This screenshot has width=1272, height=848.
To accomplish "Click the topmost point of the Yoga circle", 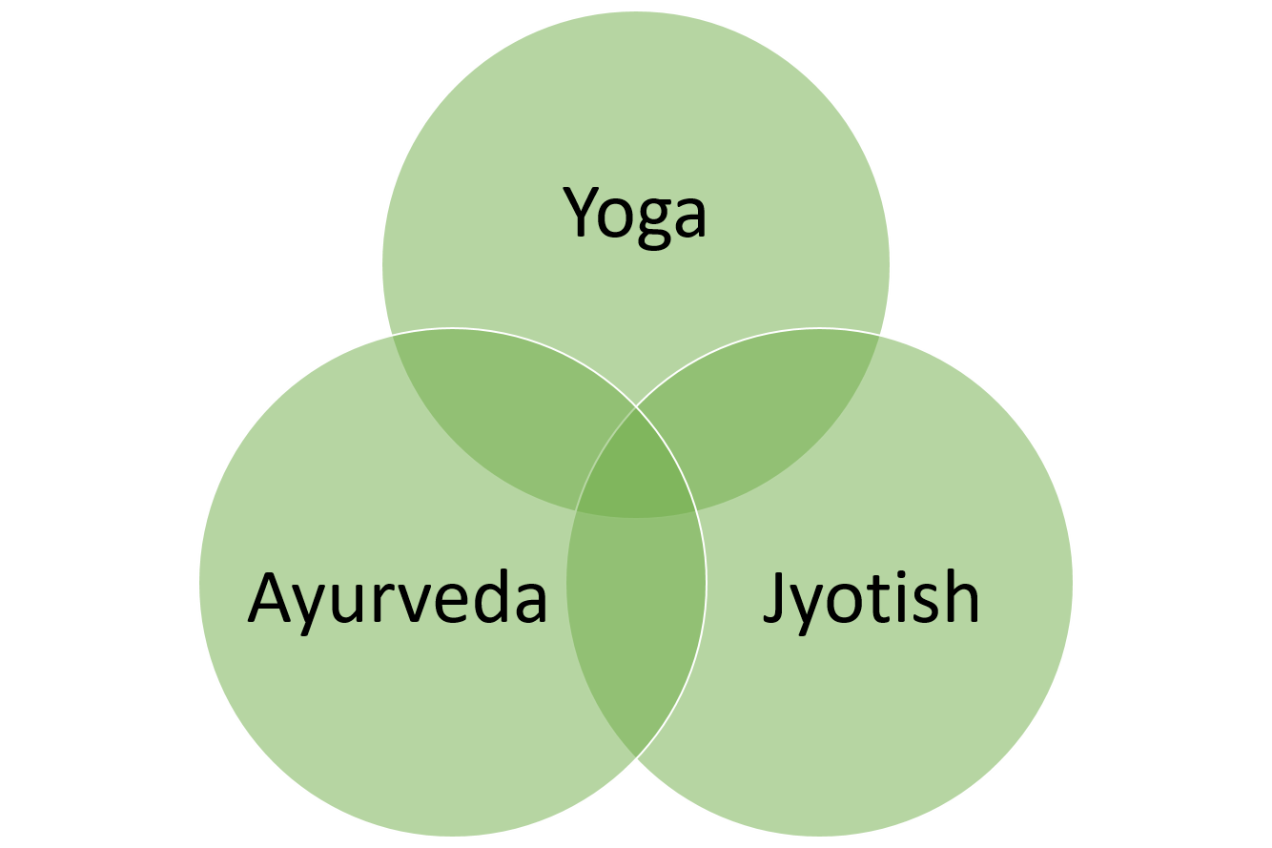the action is point(636,11).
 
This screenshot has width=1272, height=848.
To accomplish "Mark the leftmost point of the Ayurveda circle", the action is point(199,582).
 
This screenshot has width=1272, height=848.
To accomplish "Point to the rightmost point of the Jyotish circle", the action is point(1073,582).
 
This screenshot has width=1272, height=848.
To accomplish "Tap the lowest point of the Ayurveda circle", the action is point(453,836).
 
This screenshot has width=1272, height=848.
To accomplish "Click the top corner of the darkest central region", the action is point(636,407).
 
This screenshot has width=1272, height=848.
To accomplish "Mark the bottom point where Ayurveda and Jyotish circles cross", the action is point(636,757).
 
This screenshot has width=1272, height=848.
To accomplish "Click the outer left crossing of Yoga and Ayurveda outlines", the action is point(392,335).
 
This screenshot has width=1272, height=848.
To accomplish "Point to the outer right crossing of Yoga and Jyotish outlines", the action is point(880,335).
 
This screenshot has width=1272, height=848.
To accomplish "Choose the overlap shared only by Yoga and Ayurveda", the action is point(500,415).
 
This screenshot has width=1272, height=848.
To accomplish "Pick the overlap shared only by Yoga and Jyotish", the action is point(772,415).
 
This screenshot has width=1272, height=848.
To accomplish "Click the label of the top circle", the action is point(635,217).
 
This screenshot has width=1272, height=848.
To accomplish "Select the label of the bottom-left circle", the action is point(398,602).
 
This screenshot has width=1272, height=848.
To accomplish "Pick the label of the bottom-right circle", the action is point(872,602).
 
